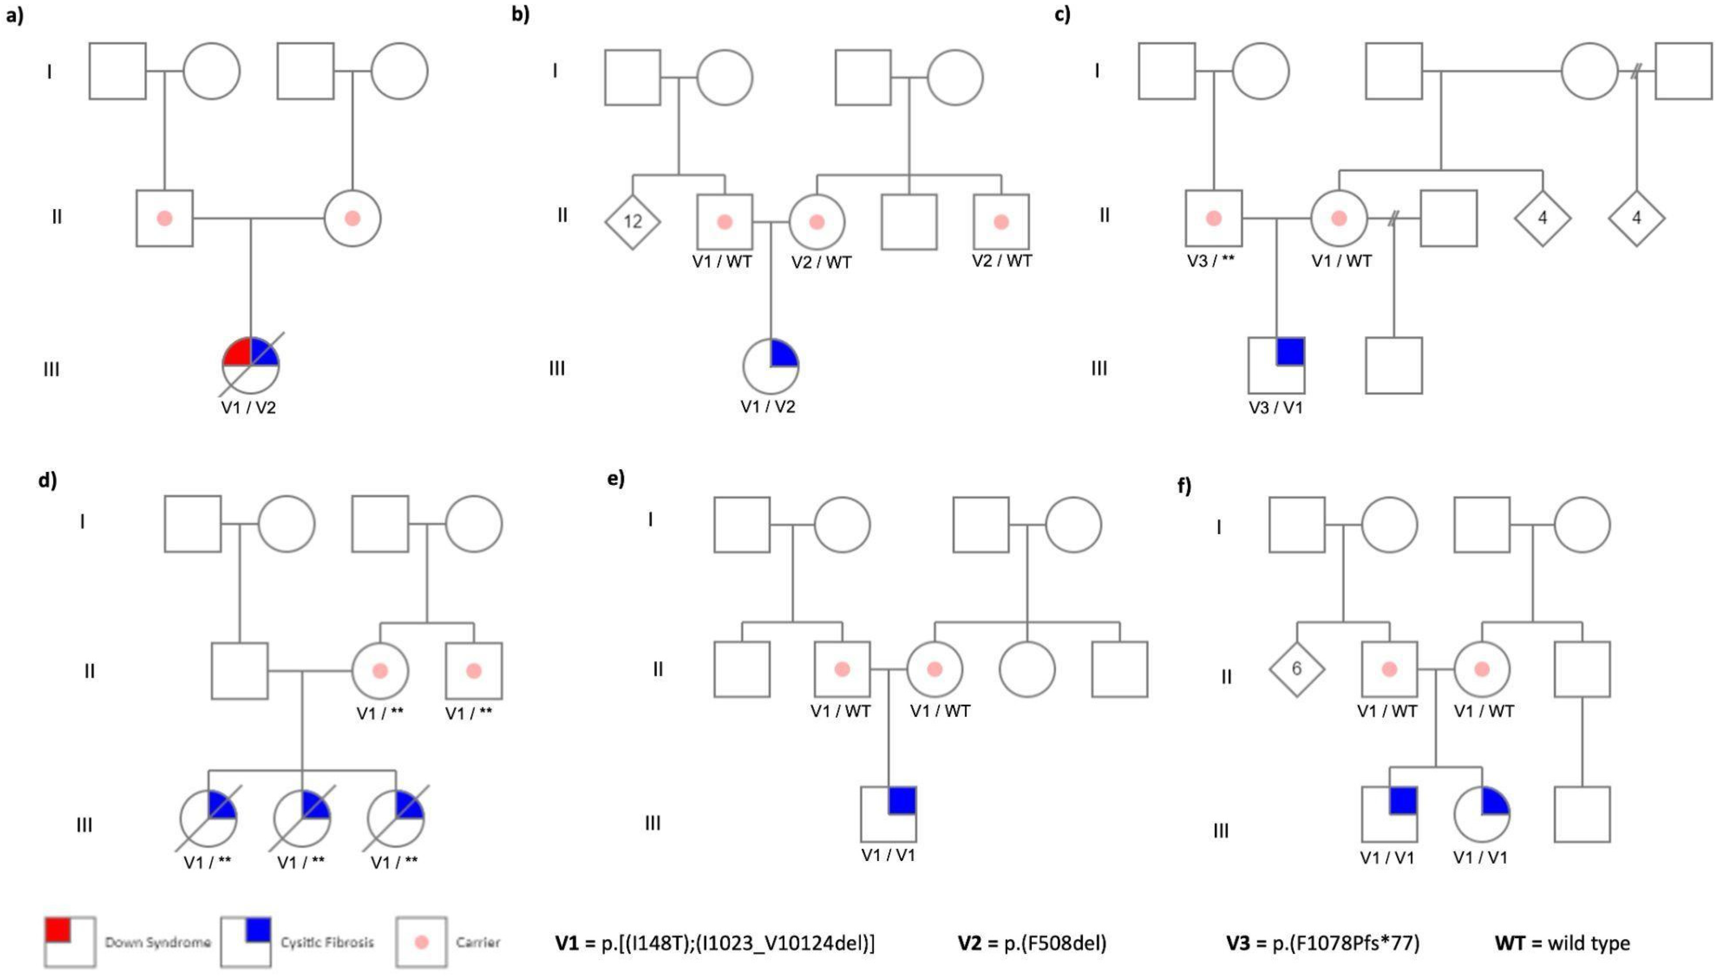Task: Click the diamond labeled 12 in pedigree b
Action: click(x=632, y=221)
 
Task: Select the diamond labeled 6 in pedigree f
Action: click(x=1296, y=669)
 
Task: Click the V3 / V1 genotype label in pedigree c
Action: click(x=1276, y=408)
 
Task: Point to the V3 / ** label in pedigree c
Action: click(x=1210, y=261)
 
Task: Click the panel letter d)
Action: click(x=47, y=480)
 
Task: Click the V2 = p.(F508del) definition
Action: click(x=1032, y=943)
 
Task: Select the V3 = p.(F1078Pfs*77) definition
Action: click(x=1323, y=943)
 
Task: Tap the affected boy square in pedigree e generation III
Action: click(x=888, y=814)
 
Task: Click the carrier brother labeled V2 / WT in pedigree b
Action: click(x=1001, y=222)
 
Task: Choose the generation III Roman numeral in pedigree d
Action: click(x=84, y=824)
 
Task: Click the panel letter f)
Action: click(x=1184, y=485)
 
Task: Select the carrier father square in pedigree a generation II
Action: click(x=164, y=219)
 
